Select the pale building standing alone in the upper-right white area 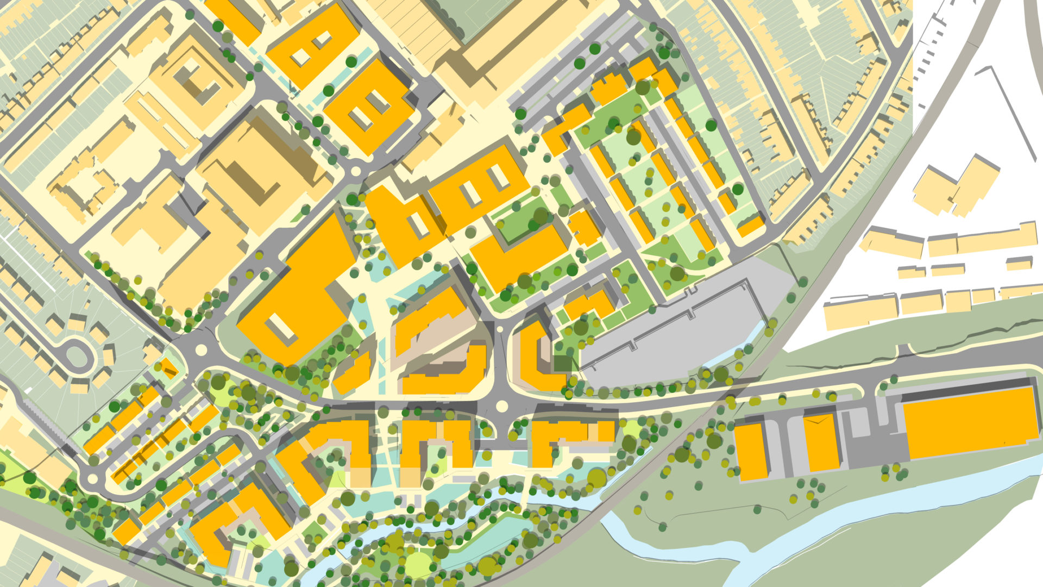click(x=956, y=185)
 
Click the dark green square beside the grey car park click(x=563, y=363)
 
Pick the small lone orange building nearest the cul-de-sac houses click(x=168, y=369)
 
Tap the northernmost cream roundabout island click(x=356, y=172)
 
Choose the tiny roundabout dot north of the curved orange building click(x=500, y=329)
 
